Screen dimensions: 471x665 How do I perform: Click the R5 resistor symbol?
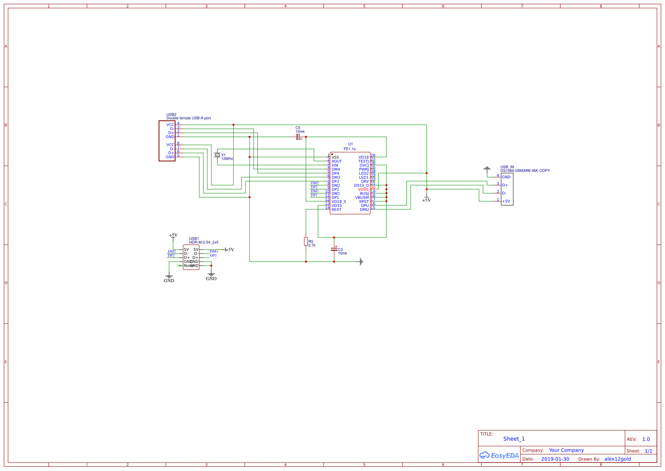tap(306, 242)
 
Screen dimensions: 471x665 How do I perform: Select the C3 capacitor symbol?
tap(334, 249)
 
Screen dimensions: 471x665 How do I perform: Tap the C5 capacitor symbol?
tap(298, 137)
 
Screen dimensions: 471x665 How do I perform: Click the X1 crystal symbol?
tap(217, 155)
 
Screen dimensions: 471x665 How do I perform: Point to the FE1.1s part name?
tap(349, 149)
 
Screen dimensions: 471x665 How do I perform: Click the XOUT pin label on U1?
tap(337, 161)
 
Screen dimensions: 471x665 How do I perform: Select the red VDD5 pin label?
tap(363, 190)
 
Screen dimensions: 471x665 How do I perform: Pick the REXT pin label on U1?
tap(336, 210)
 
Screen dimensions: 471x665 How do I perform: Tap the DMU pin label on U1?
tap(364, 210)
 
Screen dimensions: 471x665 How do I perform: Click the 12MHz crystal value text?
tap(227, 159)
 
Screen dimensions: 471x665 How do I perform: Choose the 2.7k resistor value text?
tap(312, 246)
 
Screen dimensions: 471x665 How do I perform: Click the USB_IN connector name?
tap(507, 167)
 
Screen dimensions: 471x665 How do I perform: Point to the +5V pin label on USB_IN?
tap(506, 201)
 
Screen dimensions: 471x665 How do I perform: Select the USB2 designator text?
tap(171, 115)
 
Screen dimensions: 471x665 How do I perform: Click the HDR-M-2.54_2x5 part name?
tap(204, 242)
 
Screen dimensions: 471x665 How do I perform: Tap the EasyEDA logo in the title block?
tap(499, 455)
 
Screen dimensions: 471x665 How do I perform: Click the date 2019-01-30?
tap(555, 459)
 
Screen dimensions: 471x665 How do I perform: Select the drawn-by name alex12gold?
tap(617, 459)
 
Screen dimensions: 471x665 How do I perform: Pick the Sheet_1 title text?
tap(514, 439)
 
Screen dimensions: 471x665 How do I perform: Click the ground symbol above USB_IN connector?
tap(487, 168)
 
